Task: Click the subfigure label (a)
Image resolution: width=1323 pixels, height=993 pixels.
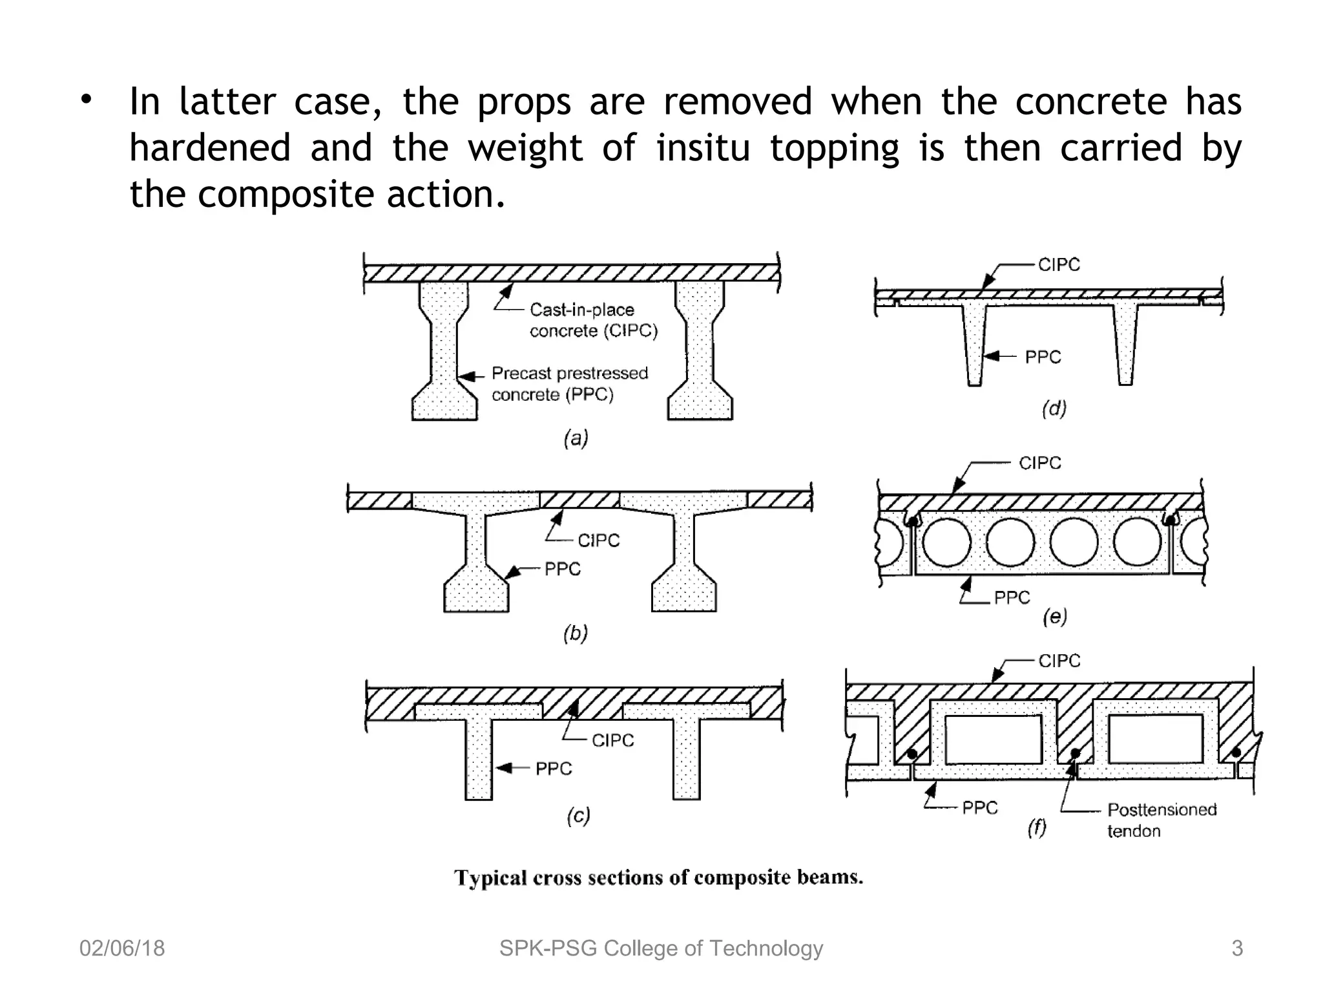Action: [x=576, y=439]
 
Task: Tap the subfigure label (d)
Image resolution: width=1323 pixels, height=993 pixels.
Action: [x=1054, y=409]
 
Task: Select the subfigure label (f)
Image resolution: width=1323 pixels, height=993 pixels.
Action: [x=1037, y=828]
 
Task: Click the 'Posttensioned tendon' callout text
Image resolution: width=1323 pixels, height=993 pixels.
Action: [x=1161, y=820]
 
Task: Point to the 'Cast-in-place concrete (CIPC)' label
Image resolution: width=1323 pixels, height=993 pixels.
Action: [x=593, y=320]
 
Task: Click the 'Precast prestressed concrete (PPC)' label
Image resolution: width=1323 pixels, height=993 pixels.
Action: [x=569, y=383]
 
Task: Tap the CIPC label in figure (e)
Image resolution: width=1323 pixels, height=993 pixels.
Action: [x=1039, y=463]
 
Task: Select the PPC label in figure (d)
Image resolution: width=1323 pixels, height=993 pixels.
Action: [x=1043, y=357]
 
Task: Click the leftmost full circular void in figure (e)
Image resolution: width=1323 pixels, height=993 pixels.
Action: [x=946, y=542]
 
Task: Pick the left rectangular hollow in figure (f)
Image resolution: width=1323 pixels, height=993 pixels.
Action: [x=994, y=739]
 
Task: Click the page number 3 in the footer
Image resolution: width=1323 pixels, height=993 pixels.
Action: [x=1236, y=948]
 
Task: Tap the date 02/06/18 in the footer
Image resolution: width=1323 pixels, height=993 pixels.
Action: [x=122, y=948]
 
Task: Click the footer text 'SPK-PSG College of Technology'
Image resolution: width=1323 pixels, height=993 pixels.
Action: [x=661, y=948]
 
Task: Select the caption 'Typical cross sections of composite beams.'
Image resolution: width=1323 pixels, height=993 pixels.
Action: [x=658, y=877]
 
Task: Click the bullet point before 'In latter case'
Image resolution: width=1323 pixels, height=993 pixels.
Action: [x=87, y=100]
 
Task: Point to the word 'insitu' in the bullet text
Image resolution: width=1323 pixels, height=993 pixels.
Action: [x=703, y=147]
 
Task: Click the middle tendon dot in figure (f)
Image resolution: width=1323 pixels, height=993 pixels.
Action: [x=1076, y=753]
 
